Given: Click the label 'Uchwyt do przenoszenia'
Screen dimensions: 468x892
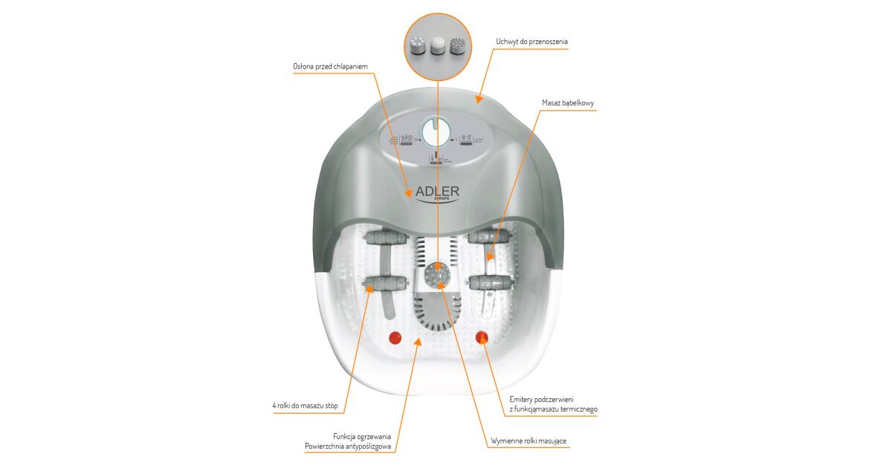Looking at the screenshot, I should [x=531, y=42].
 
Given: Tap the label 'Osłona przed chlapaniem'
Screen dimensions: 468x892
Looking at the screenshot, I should [x=330, y=67].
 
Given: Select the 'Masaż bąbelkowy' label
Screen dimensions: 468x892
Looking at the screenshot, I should [x=567, y=103].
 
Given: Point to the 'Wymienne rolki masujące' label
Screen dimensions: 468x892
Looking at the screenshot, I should [x=528, y=441].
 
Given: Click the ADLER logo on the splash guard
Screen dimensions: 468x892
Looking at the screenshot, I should [x=437, y=192].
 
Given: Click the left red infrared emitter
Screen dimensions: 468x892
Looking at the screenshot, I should [x=395, y=337].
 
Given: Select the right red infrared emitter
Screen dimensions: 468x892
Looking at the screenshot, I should [x=482, y=337].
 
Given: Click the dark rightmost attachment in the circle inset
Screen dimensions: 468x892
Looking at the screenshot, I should [x=459, y=46].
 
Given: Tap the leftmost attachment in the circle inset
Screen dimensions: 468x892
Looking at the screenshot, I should [x=417, y=46].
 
